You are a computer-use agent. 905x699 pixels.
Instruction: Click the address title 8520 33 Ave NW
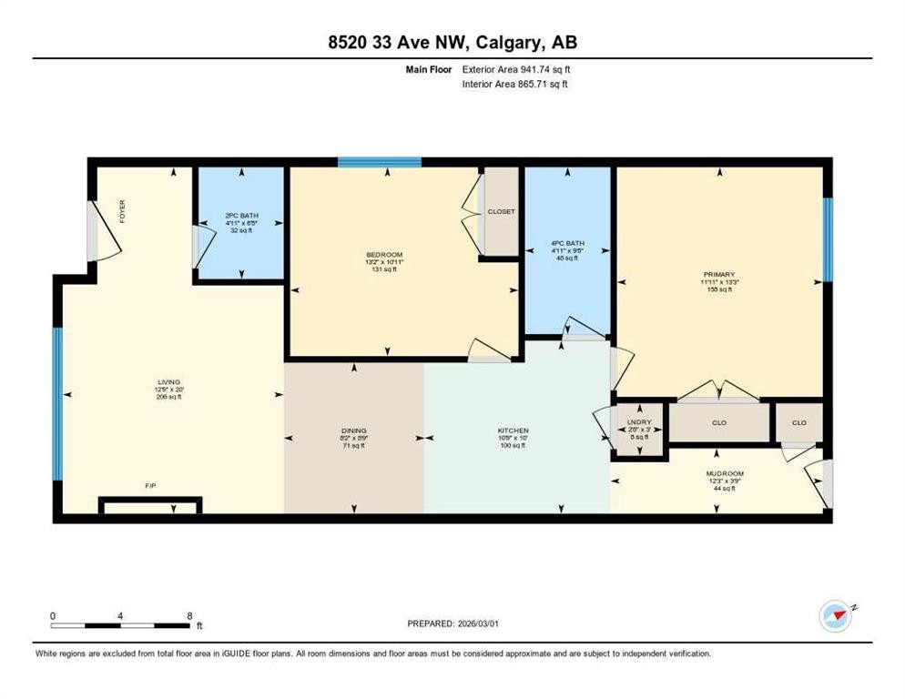(452, 42)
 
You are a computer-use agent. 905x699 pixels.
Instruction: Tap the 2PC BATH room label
(242, 216)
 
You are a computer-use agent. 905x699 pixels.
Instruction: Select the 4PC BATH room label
(566, 243)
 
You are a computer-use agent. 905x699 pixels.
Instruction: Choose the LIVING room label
(169, 382)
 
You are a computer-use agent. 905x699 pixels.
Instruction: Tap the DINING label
(354, 431)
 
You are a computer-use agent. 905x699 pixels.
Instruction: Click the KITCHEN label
(513, 431)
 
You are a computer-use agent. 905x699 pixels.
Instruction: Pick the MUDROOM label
(725, 473)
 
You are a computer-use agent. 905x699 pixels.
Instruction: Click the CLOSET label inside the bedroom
(501, 211)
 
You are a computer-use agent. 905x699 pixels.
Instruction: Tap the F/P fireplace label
(150, 487)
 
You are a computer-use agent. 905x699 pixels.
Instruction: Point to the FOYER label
(123, 211)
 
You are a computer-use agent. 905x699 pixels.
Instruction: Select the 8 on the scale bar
(188, 615)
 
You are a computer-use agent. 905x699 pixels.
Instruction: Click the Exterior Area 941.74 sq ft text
(516, 68)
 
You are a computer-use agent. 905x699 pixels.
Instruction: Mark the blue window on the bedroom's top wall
(379, 162)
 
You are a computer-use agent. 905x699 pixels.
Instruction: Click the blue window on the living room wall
(56, 402)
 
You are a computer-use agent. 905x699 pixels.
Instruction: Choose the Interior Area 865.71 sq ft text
(516, 85)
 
